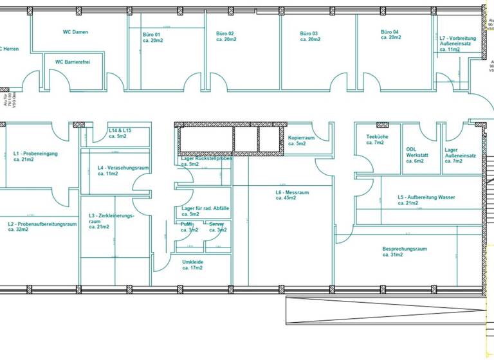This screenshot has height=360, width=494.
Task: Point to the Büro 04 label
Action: (x=390, y=35)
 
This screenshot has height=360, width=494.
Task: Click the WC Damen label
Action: (x=75, y=32)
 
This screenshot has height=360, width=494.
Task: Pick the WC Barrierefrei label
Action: (x=72, y=62)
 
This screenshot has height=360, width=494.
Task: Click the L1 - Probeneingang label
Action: (x=35, y=156)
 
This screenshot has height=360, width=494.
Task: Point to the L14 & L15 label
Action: (x=120, y=133)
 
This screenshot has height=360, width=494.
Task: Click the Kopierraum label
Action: (x=301, y=140)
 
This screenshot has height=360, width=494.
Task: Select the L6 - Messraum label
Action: (x=292, y=195)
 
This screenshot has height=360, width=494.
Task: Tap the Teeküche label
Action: (x=375, y=139)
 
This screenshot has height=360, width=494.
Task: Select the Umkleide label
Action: (x=193, y=265)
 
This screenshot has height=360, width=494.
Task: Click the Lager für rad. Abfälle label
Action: (x=205, y=212)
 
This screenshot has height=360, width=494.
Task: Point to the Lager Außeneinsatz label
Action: (x=460, y=155)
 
